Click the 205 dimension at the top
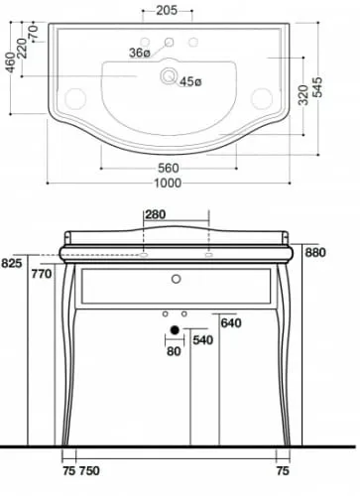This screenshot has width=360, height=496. coord(167,11)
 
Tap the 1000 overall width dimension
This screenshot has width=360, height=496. coord(168,183)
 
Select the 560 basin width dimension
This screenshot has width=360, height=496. coord(169,169)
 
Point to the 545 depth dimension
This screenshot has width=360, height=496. coord(316,87)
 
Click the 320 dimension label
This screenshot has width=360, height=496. coord(302,95)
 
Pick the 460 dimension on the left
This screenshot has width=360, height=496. coord(11,62)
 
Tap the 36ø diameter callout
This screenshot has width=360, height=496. coord(140,53)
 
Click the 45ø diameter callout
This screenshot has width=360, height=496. coord(190,81)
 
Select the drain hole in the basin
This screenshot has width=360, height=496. coord(169,75)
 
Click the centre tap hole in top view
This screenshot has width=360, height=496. coord(169,42)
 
